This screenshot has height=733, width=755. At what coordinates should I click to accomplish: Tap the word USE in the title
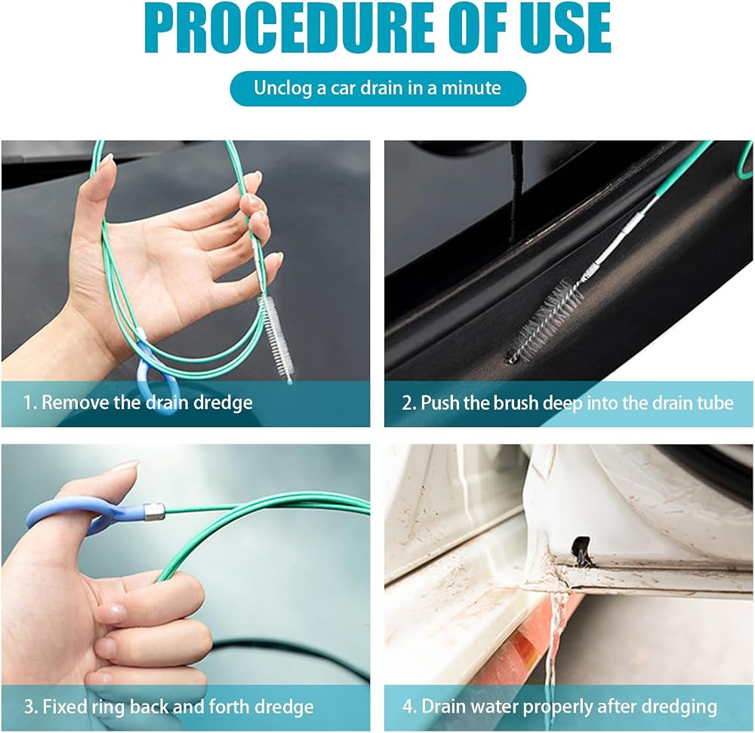pyautogui.click(x=564, y=27)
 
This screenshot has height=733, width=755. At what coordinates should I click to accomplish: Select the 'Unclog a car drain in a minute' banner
pyautogui.click(x=378, y=88)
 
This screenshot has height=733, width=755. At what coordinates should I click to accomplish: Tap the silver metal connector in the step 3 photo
pyautogui.click(x=154, y=513)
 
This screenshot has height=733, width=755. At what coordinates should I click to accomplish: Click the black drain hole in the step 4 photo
pyautogui.click(x=581, y=548)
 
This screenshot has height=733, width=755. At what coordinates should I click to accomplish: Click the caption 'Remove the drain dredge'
pyautogui.click(x=147, y=402)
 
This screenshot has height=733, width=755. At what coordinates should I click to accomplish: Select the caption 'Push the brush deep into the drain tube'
pyautogui.click(x=577, y=403)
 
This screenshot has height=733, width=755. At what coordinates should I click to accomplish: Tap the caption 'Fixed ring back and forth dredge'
pyautogui.click(x=178, y=707)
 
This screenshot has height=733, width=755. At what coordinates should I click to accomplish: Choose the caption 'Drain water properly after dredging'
pyautogui.click(x=569, y=707)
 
